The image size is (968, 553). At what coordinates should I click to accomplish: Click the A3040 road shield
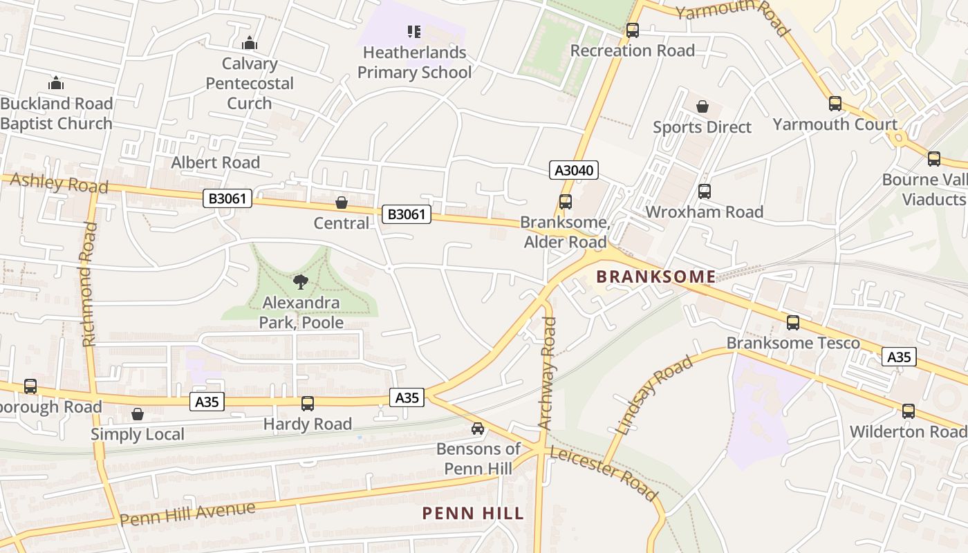pos(574,170)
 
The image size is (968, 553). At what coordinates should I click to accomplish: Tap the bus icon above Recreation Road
pos(632,30)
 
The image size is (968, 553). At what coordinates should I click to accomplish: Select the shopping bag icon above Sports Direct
pos(702,106)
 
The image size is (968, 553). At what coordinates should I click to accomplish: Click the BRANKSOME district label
pos(655,276)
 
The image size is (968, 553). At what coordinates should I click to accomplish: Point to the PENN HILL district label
pos(473,514)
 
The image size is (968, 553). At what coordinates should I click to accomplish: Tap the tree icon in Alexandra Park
pos(300,281)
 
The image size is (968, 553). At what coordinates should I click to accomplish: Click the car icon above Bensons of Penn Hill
pos(478,429)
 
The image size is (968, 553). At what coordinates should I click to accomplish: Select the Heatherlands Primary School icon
pos(414,31)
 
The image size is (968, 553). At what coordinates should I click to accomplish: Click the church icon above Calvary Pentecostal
pos(250,44)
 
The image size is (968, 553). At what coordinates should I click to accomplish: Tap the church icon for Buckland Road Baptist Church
pos(56,83)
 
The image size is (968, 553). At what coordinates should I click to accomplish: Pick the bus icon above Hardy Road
pos(307,404)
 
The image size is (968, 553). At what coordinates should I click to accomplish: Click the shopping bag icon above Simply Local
pos(138,414)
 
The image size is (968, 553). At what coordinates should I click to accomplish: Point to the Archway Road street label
pos(548,373)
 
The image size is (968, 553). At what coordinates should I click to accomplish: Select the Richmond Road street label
pos(89,283)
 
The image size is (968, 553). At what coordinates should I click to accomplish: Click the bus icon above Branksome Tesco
pos(793,323)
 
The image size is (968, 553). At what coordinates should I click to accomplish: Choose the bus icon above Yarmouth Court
pos(835,104)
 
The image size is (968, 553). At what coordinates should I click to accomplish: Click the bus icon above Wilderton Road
pos(908,411)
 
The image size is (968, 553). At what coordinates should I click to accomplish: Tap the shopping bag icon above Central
pos(341,203)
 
